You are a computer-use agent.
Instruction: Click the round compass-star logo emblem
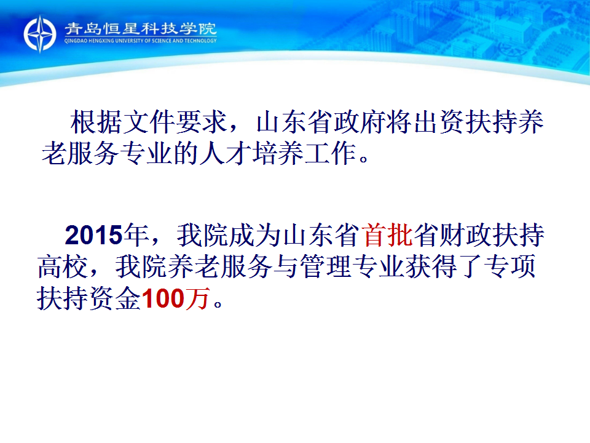[40, 34]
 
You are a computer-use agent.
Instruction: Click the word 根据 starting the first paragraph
[96, 122]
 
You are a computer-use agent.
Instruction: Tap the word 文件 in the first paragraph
[149, 122]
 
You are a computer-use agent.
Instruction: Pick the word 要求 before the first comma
[201, 122]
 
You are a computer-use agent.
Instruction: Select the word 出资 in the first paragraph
[439, 122]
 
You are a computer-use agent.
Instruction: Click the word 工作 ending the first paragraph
[331, 153]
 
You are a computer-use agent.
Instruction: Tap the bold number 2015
[94, 236]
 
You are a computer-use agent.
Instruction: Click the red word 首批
[388, 236]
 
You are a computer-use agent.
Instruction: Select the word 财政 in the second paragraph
[466, 236]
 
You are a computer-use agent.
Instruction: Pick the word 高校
[63, 266]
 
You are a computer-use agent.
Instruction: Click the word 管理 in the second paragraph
[326, 266]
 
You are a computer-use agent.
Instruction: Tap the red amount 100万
[175, 298]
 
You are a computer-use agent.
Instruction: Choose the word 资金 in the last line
[115, 298]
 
